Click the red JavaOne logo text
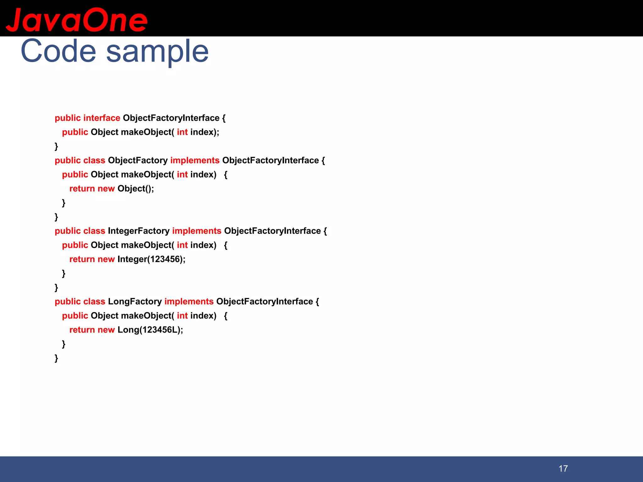pyautogui.click(x=77, y=20)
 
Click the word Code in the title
pyautogui.click(x=58, y=51)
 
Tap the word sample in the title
pyautogui.click(x=157, y=52)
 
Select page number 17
pyautogui.click(x=563, y=469)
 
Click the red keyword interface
pyautogui.click(x=102, y=118)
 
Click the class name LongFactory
pyautogui.click(x=135, y=302)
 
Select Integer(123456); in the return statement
pyautogui.click(x=151, y=259)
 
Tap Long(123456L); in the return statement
pyautogui.click(x=150, y=330)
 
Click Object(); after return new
pyautogui.click(x=136, y=189)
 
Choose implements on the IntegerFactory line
pyautogui.click(x=197, y=231)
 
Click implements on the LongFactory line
pyautogui.click(x=189, y=302)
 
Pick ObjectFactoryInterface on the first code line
pyautogui.click(x=171, y=118)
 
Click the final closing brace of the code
pyautogui.click(x=56, y=358)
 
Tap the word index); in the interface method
pyautogui.click(x=205, y=132)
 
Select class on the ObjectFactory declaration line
pyautogui.click(x=94, y=160)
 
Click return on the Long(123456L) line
pyautogui.click(x=82, y=330)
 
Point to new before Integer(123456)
pyautogui.click(x=106, y=259)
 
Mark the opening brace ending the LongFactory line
pyautogui.click(x=317, y=302)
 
